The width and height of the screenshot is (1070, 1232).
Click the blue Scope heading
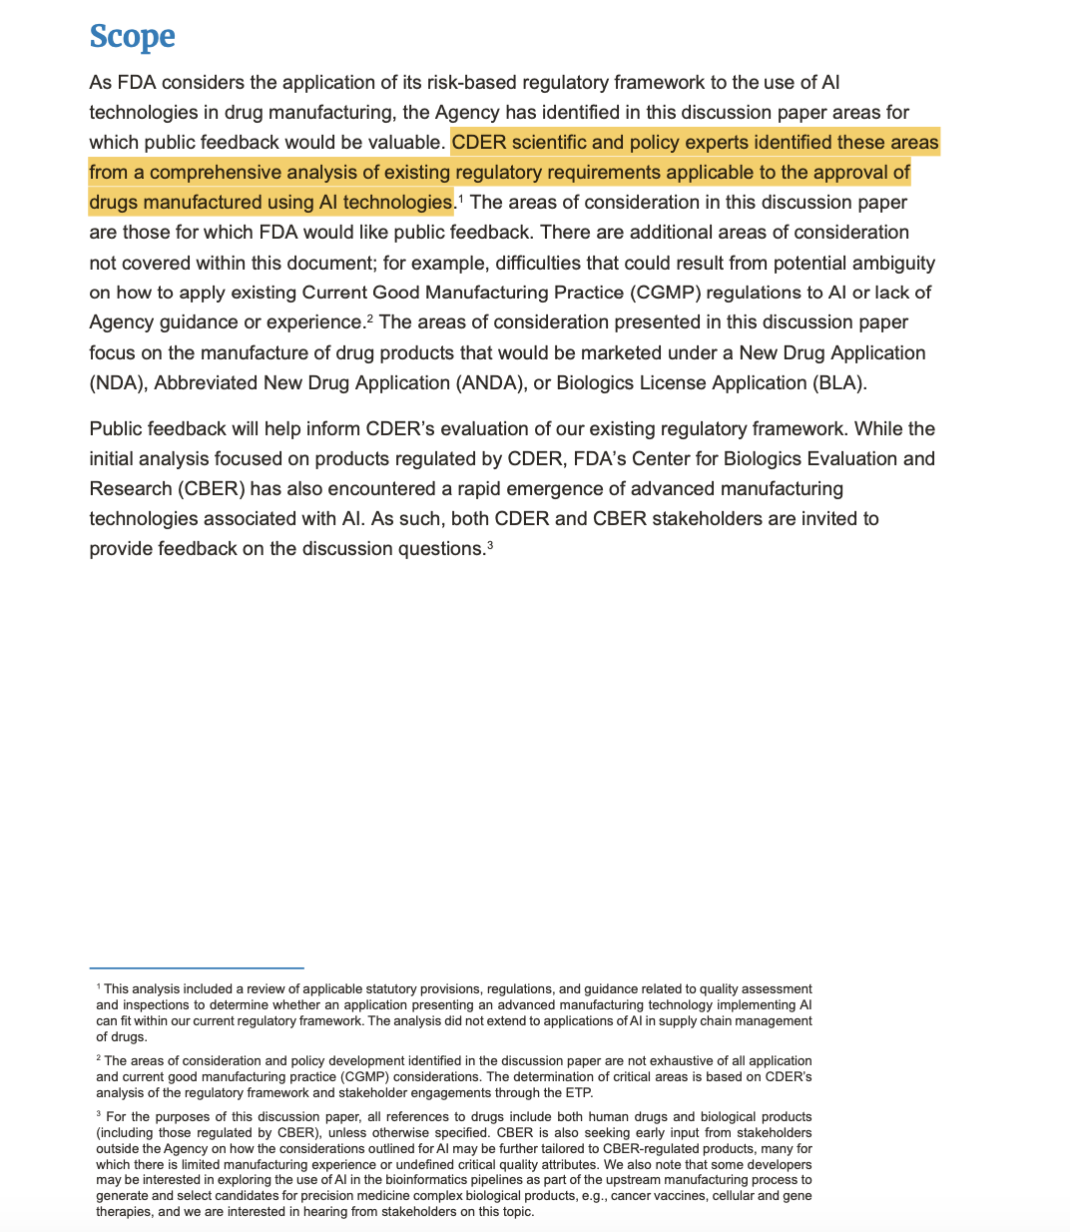(x=132, y=36)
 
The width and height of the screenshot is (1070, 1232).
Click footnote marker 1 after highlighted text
(x=460, y=198)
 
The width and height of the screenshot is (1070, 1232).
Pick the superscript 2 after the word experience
(x=369, y=317)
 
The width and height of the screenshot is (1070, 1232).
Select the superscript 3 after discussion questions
(x=490, y=544)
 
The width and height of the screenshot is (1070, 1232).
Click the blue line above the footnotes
(x=196, y=967)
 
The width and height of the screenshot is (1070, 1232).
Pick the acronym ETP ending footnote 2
(x=579, y=1092)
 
